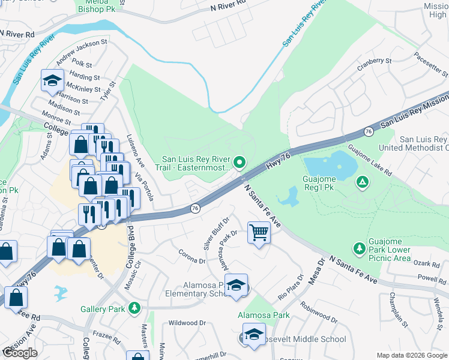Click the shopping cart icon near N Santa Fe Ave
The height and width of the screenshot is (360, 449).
click(259, 232)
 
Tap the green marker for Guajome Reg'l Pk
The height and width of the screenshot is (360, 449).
click(363, 182)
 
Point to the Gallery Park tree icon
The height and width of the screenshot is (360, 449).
click(135, 308)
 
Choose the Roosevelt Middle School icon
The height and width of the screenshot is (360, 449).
click(253, 335)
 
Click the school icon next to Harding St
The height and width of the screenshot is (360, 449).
click(52, 81)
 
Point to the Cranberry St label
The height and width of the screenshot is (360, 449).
click(374, 61)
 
